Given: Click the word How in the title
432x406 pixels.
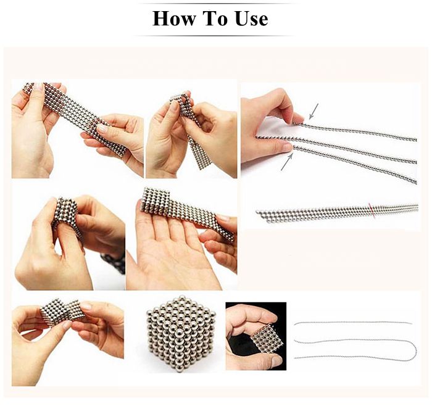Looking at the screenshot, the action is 174,19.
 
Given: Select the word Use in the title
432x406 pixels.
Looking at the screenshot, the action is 252,19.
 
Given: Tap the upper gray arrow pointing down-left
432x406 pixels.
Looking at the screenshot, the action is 314,111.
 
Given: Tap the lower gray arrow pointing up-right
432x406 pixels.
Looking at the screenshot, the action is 286,162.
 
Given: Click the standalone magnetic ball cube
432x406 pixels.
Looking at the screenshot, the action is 181,333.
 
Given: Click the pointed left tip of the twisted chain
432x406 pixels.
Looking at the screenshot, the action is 257,212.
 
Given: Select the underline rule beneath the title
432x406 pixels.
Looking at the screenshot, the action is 214,36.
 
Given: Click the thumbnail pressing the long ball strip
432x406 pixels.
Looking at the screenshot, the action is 103,128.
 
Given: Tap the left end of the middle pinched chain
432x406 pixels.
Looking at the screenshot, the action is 257,136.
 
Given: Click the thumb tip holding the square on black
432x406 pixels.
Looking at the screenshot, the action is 276,360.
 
